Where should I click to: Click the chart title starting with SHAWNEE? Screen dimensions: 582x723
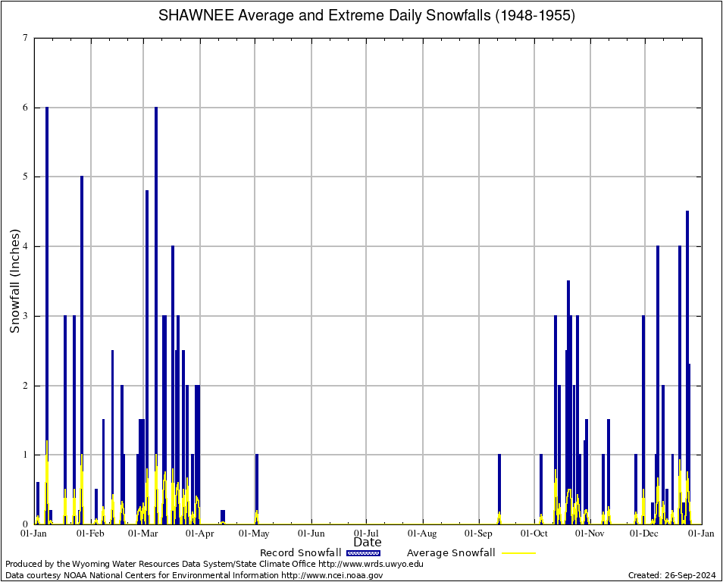pyautogui.click(x=367, y=16)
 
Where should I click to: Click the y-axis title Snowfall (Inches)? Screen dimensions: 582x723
pyautogui.click(x=14, y=280)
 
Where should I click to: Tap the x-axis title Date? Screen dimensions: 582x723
pyautogui.click(x=368, y=542)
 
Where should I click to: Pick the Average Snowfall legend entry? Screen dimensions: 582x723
pyautogui.click(x=471, y=553)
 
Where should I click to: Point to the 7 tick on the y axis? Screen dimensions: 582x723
pyautogui.click(x=25, y=38)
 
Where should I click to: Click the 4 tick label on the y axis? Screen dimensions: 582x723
pyautogui.click(x=25, y=246)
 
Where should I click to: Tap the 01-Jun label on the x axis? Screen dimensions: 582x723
pyautogui.click(x=311, y=533)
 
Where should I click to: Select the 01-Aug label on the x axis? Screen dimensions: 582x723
pyautogui.click(x=422, y=533)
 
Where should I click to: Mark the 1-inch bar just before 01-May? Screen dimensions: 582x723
pyautogui.click(x=257, y=489)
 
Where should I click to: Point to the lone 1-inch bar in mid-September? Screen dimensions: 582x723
pyautogui.click(x=499, y=489)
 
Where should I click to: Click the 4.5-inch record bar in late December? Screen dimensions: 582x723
pyautogui.click(x=687, y=364)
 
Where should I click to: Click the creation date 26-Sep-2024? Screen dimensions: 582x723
pyautogui.click(x=671, y=575)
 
